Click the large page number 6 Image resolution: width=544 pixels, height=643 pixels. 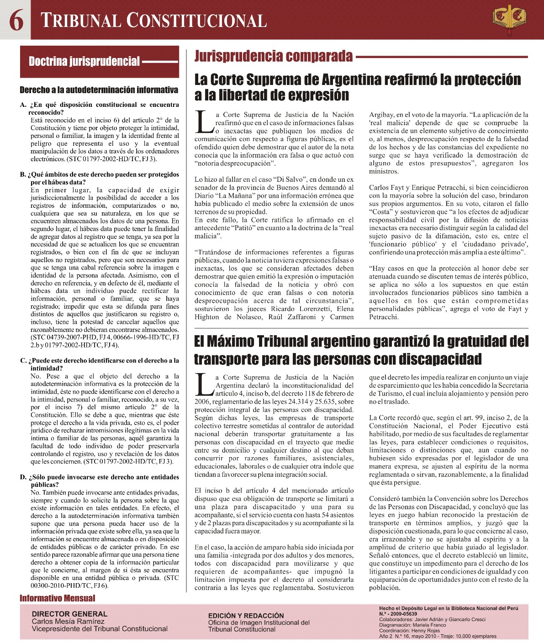(16, 21)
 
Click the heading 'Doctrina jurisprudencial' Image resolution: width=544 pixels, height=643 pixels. (84, 62)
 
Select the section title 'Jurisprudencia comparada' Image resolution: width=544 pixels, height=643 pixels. (274, 56)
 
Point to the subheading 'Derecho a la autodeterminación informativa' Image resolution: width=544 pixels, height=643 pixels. (99, 90)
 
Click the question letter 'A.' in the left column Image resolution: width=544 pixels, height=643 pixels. (23, 105)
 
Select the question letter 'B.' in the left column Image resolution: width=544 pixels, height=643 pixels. (23, 174)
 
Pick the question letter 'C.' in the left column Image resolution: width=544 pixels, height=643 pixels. (23, 361)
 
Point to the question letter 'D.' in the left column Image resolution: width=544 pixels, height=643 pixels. (23, 477)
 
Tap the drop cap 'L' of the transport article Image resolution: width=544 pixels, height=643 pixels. (204, 385)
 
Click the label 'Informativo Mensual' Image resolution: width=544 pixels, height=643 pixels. (58, 598)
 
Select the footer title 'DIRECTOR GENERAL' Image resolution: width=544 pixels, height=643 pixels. (69, 614)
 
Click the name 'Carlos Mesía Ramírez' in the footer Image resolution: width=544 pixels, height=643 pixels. (68, 622)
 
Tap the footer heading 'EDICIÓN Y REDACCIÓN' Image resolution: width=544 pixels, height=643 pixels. (246, 616)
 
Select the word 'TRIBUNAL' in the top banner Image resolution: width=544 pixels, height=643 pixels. (81, 21)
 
